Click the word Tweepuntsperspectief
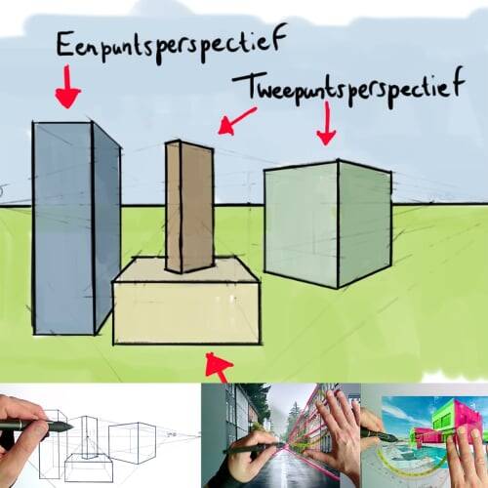348,87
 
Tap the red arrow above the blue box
67,87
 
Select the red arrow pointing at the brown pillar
237,121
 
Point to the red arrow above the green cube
326,124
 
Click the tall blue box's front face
62,227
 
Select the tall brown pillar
189,207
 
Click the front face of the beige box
186,313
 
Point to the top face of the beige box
186,269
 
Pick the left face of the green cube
302,224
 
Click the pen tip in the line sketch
69,427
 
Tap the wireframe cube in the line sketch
132,442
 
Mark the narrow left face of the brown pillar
173,207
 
